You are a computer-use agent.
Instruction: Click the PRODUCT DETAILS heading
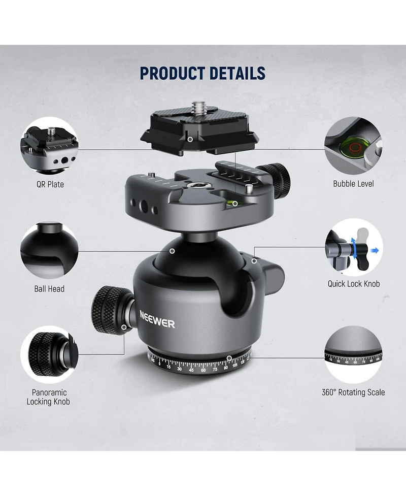coord(202,73)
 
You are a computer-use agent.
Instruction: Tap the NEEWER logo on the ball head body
coord(157,319)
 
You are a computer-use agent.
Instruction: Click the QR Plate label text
coord(50,184)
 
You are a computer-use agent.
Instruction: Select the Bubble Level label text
coord(353,184)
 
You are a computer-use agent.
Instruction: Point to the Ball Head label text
coord(49,289)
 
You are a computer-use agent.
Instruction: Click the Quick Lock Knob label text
coord(354,284)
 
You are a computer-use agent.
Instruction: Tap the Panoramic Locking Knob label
coord(48,397)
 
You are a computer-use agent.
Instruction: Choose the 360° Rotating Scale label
coord(353,392)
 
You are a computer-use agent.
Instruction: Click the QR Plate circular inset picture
coord(49,146)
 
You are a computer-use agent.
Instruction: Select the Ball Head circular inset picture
coord(49,250)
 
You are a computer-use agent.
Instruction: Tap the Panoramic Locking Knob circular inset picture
coord(49,354)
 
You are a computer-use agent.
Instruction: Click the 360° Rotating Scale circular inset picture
coord(354,354)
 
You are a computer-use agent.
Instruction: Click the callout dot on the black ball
coord(173,251)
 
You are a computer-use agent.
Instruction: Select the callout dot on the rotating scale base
coord(229,358)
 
